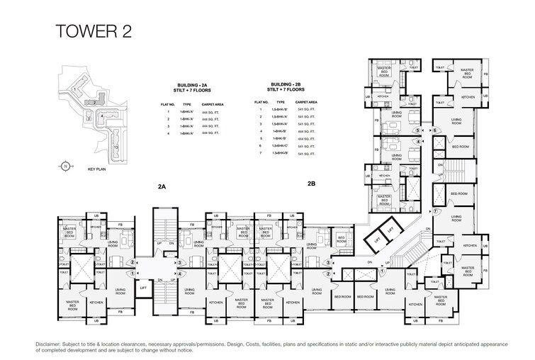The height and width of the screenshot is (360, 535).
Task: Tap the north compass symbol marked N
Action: click(x=64, y=166)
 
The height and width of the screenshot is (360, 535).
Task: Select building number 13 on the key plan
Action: click(x=115, y=147)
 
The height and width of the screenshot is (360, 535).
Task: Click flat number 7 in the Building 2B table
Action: click(x=261, y=154)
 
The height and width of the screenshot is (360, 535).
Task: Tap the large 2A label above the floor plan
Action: click(x=162, y=186)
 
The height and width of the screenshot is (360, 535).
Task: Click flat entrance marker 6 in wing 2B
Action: click(x=436, y=131)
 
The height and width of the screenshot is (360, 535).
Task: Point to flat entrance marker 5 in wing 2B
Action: click(x=419, y=131)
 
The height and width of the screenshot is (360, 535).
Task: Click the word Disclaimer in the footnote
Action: click(x=49, y=344)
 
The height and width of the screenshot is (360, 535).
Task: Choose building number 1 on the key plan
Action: click(x=72, y=90)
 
